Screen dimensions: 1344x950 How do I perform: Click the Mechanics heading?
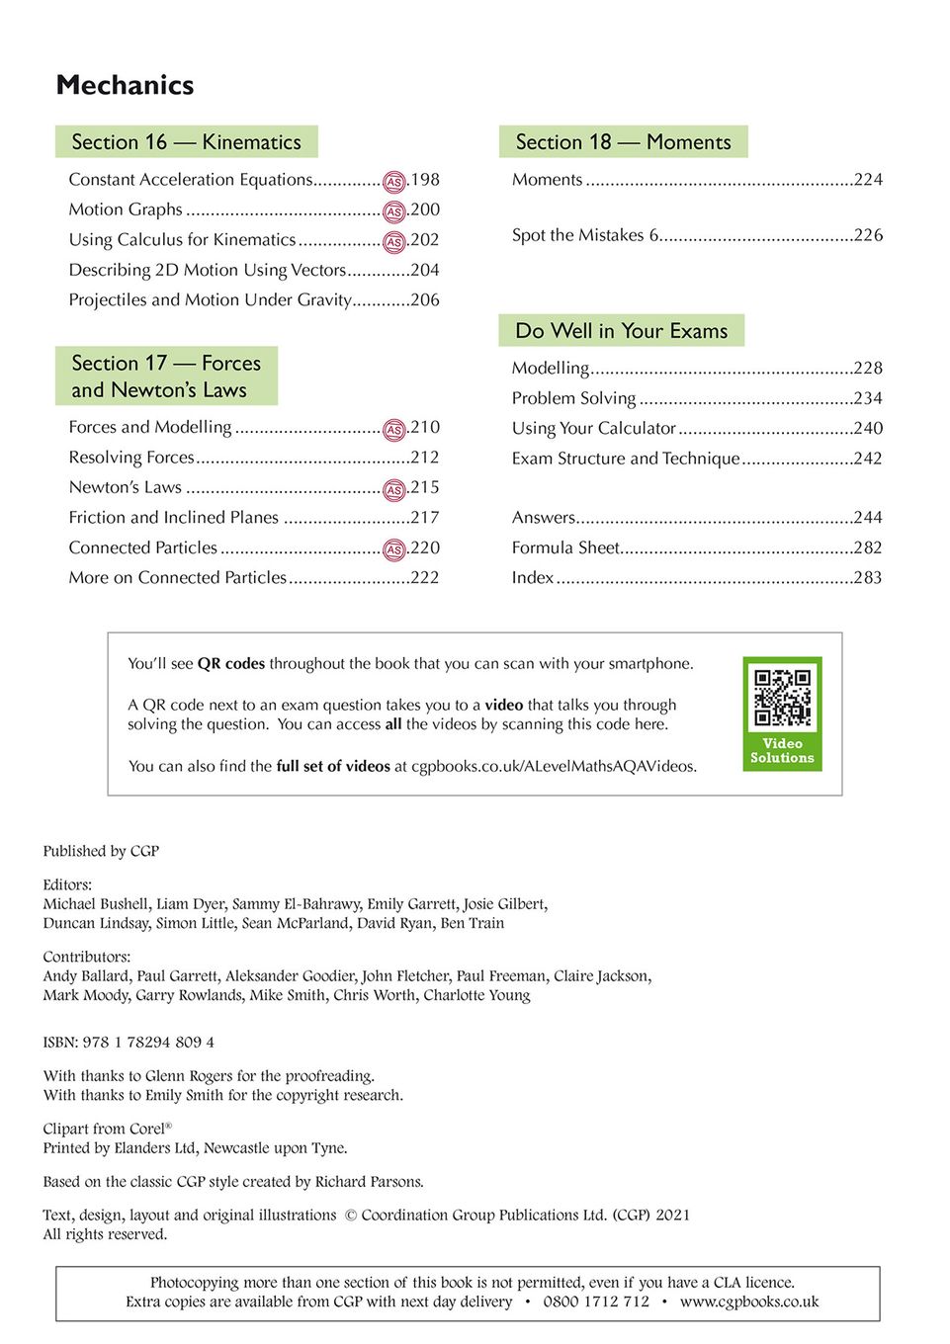pos(125,85)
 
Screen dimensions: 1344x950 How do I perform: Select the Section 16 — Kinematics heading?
pos(186,142)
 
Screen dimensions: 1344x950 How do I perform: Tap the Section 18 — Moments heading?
pos(623,142)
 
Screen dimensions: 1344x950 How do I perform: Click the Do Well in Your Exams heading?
pos(621,331)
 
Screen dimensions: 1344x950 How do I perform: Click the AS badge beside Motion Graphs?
pos(394,211)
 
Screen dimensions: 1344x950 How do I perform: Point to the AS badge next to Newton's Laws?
pos(394,489)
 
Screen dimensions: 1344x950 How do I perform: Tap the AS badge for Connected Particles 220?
pos(394,549)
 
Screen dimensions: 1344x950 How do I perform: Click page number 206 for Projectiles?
pos(425,300)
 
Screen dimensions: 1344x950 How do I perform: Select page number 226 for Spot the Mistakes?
pos(868,235)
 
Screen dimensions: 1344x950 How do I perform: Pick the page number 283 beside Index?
pos(867,578)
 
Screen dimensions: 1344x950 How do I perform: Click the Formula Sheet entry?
pos(565,547)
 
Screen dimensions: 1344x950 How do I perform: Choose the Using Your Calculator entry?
pos(593,428)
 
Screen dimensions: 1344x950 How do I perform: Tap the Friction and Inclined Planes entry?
pos(174,518)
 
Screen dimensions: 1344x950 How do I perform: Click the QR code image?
pos(782,698)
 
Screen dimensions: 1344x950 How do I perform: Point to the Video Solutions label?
pos(782,751)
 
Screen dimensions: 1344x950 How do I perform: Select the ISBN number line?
pos(129,1043)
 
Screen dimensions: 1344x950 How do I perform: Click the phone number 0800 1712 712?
pos(596,1302)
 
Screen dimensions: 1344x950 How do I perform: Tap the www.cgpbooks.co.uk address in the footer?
pos(749,1302)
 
